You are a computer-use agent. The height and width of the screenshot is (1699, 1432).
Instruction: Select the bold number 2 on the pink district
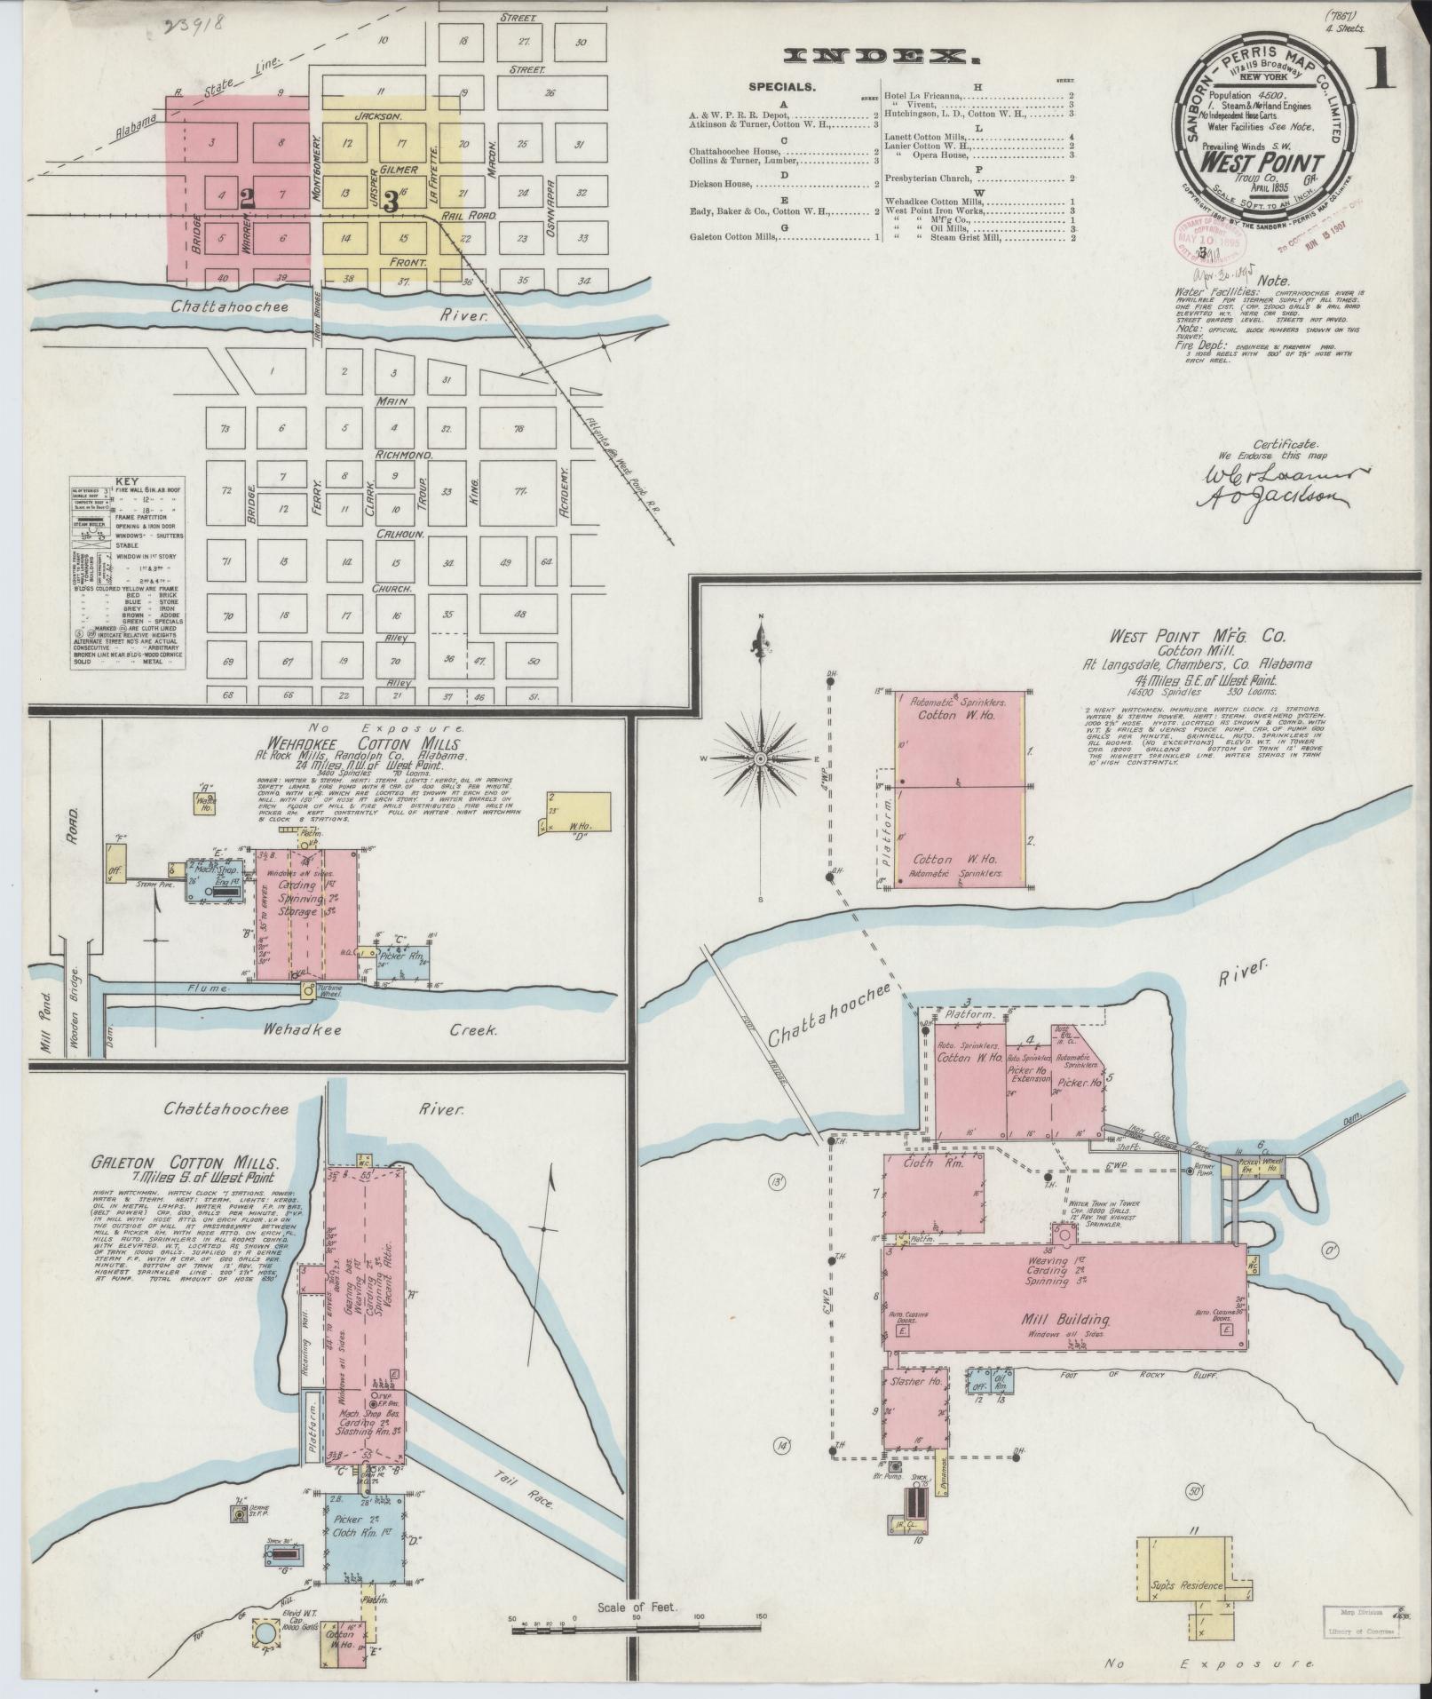pyautogui.click(x=248, y=200)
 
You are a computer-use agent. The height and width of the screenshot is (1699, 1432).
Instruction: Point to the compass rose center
pyautogui.click(x=761, y=761)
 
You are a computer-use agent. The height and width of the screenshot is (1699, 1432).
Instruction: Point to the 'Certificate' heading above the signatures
pyautogui.click(x=1285, y=444)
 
